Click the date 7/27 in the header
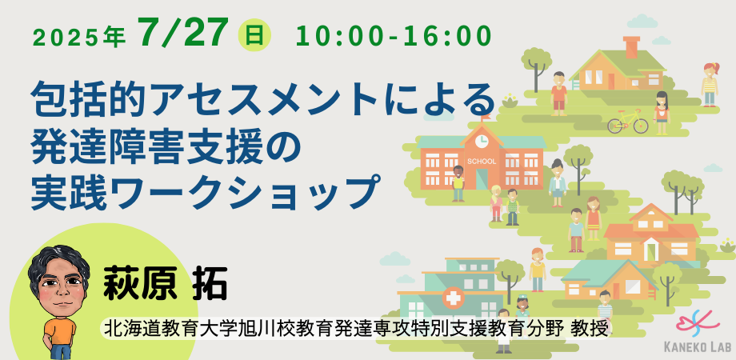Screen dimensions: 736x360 click(183, 33)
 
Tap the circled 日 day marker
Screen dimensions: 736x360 click(255, 35)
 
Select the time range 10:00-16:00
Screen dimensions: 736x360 click(394, 36)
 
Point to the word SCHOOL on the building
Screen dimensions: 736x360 click(482, 162)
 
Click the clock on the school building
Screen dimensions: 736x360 click(481, 140)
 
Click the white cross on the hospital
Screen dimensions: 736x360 click(452, 298)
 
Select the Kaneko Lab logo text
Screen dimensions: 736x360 click(698, 346)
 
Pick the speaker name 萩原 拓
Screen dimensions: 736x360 click(166, 283)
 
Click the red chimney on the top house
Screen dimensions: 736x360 click(631, 47)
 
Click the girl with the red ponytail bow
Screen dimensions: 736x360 click(710, 85)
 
